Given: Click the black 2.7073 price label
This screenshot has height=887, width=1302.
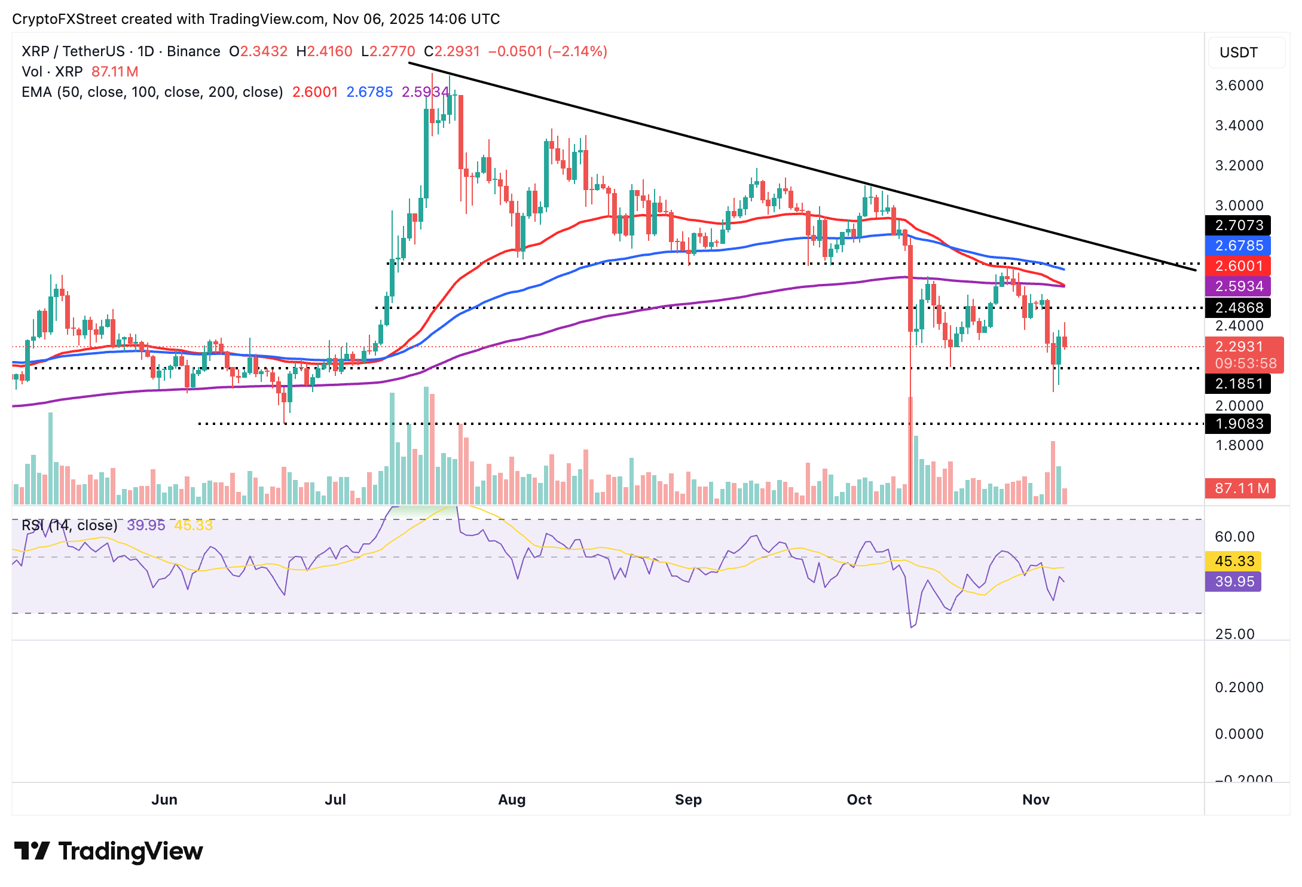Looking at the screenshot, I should click(1237, 225).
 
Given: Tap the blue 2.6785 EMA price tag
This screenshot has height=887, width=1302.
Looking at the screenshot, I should click(1237, 246).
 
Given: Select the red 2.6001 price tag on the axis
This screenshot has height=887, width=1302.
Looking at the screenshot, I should click(1237, 266).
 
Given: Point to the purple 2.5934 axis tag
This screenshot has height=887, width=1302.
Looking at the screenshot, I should click(1237, 286).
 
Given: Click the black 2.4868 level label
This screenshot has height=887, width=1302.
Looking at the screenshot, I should click(1237, 308).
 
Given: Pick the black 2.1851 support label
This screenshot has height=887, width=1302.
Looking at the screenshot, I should click(1237, 384).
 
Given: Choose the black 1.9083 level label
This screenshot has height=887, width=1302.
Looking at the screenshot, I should click(1237, 424).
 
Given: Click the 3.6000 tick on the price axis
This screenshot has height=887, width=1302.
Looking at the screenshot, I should click(1239, 85).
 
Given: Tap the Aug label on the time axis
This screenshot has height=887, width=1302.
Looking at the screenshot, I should click(512, 800).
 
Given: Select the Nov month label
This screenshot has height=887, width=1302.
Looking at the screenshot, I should click(1036, 800).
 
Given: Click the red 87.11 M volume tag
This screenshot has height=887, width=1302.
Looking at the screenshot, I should click(1241, 488).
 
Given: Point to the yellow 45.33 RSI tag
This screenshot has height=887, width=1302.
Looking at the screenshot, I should click(1234, 561).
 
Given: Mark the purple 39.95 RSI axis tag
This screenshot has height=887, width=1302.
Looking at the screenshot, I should click(1234, 582).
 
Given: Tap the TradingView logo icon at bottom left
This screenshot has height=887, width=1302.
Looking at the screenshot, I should click(32, 851).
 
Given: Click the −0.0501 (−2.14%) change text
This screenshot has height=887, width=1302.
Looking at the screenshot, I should click(548, 51).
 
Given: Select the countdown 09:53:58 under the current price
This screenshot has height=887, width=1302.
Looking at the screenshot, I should click(1245, 363).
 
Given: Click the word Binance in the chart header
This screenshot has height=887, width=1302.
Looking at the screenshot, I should click(194, 51).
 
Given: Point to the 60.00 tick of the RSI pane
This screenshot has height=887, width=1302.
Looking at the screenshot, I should click(1234, 537).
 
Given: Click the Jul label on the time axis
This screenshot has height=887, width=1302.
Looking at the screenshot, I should click(335, 800).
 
